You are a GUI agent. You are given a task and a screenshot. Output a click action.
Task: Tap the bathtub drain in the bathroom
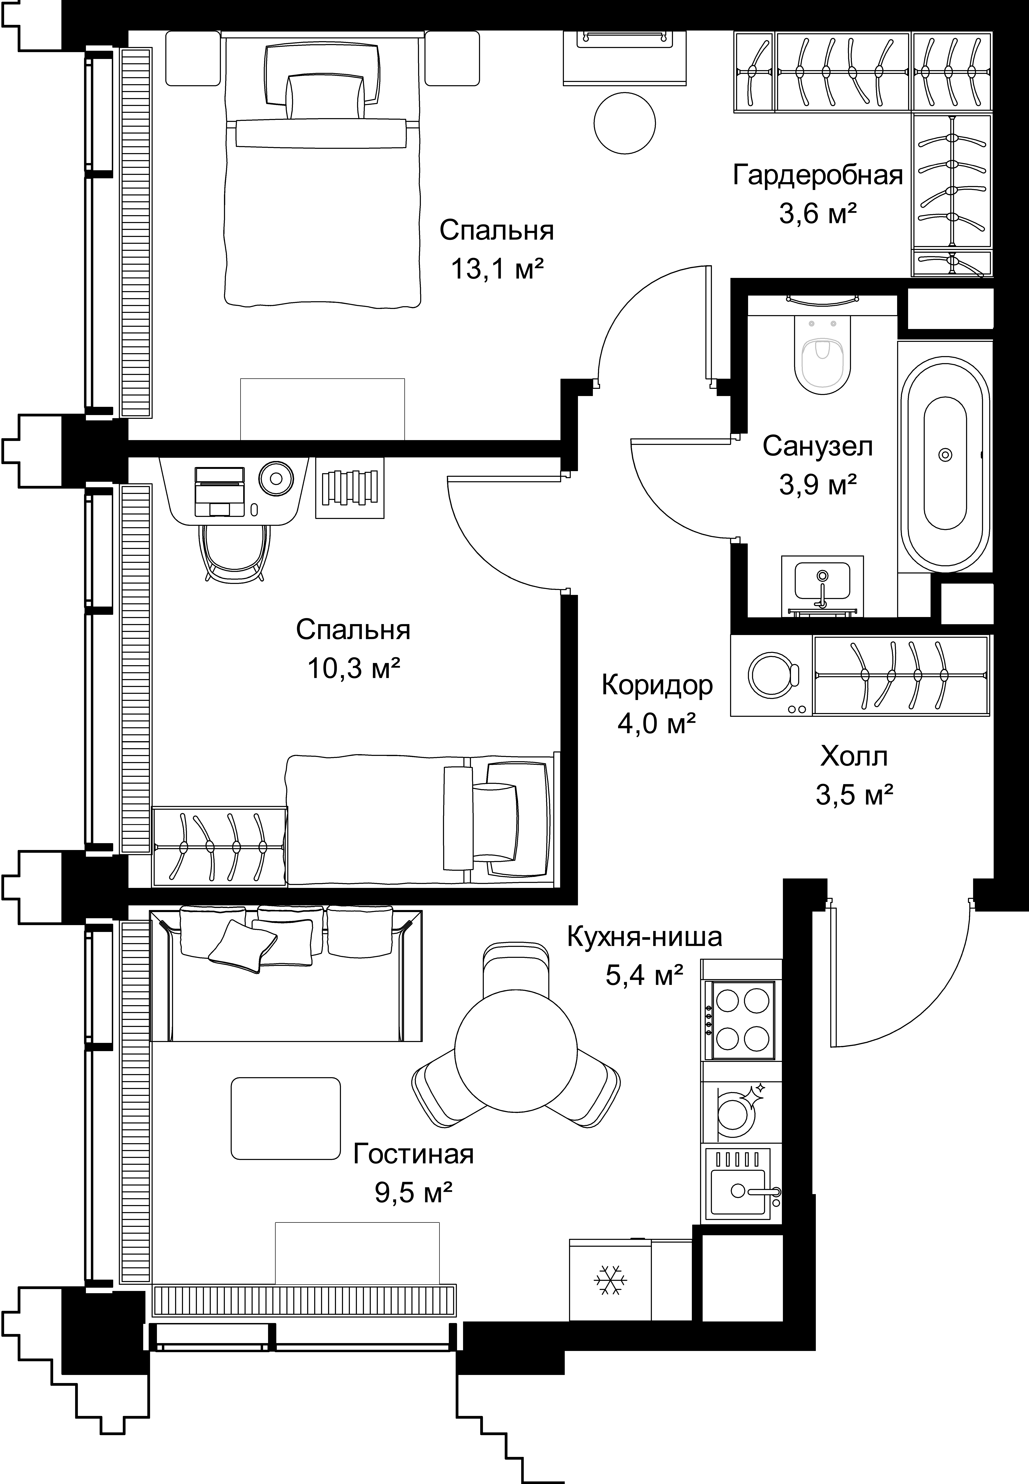[x=945, y=455]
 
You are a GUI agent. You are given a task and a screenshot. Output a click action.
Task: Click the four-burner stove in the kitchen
[x=741, y=1020]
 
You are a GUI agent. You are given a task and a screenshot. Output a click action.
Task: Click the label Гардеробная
[x=818, y=175]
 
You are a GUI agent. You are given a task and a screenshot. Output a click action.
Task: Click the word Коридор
[x=657, y=686]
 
